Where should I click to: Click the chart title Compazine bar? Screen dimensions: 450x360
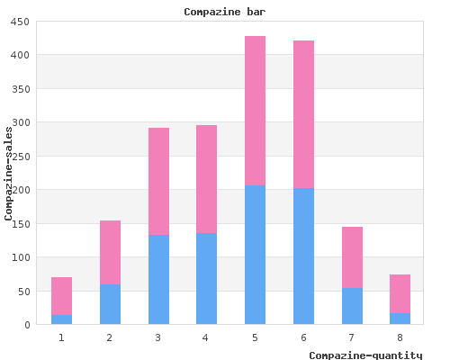[225, 12]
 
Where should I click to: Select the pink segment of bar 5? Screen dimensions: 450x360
[255, 111]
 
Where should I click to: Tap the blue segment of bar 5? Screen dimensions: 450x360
[255, 255]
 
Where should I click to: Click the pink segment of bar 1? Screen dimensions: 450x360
[61, 296]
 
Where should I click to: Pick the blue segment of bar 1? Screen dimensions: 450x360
[61, 319]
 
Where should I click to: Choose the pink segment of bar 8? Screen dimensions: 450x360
[400, 294]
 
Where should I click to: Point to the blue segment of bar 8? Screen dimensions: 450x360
[400, 319]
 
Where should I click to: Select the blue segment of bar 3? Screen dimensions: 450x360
[158, 280]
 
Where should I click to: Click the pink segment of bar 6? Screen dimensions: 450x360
[303, 114]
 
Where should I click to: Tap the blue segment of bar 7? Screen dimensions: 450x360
[352, 306]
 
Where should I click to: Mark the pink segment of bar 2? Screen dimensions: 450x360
[110, 252]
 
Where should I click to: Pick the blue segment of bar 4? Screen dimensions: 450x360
[206, 279]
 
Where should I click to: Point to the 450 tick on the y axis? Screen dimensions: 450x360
[20, 22]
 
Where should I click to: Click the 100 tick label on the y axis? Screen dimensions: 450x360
[21, 257]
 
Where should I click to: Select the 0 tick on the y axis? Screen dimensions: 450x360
[28, 325]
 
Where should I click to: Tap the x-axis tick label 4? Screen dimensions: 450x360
[205, 338]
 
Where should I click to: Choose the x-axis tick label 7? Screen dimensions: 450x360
[351, 338]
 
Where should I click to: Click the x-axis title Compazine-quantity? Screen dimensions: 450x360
[365, 355]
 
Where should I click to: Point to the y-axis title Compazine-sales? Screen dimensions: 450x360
[8, 174]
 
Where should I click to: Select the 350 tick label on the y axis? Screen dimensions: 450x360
[21, 89]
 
